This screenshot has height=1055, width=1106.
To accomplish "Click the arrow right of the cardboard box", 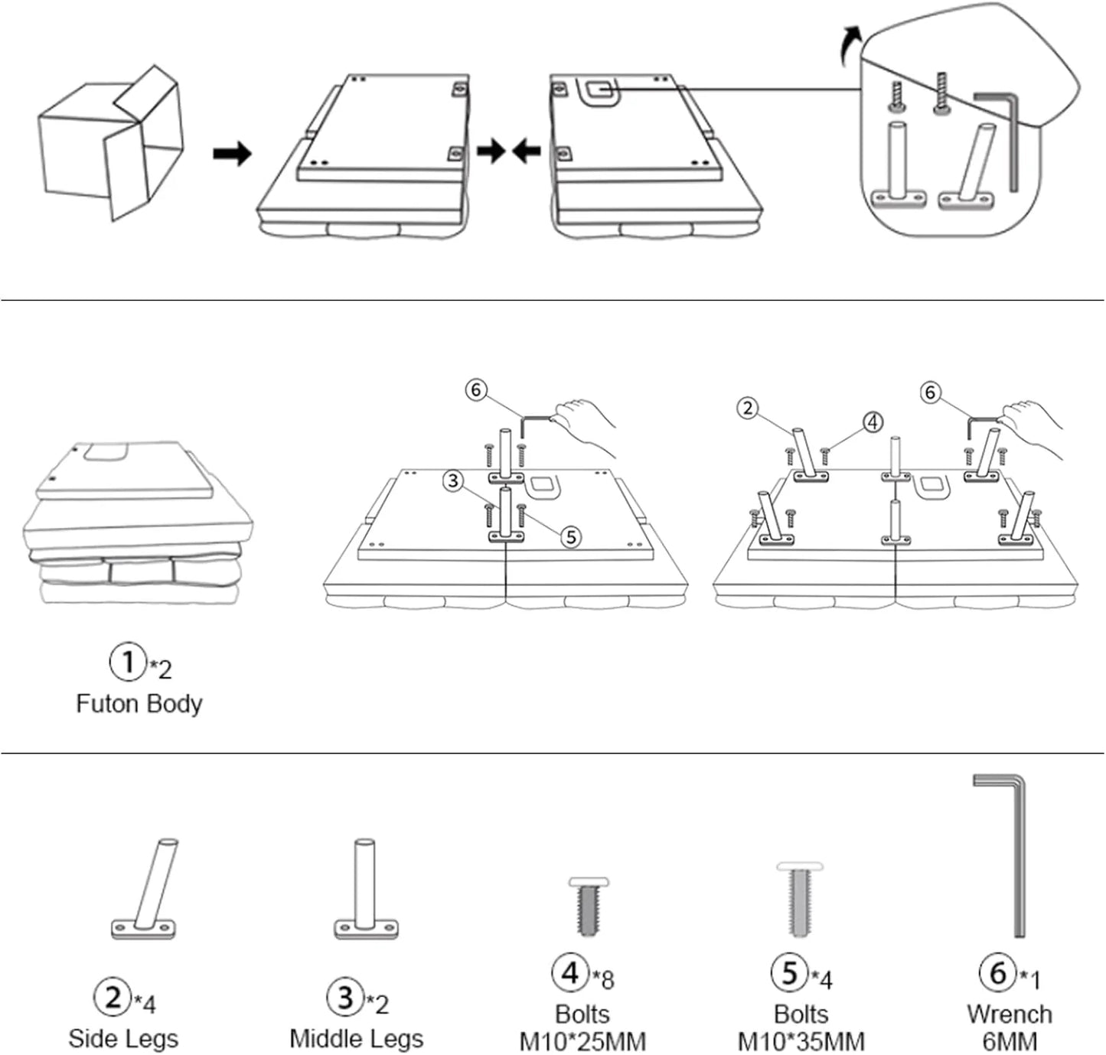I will (232, 154).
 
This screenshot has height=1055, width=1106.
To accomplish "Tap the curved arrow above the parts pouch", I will (849, 44).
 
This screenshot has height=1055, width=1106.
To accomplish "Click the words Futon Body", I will (139, 703).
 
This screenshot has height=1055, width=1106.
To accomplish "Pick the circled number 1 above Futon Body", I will (128, 661).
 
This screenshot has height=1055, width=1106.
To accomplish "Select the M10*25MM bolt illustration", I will (589, 907).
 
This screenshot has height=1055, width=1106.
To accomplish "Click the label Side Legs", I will (122, 1038).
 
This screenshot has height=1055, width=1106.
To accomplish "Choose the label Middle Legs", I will (356, 1038).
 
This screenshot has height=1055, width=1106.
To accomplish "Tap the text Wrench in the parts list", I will (1009, 1014).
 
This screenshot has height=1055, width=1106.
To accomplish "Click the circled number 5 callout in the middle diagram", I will (570, 537).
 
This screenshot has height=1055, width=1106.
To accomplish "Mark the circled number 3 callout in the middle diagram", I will (454, 480).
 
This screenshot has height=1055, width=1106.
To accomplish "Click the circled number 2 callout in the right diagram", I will (748, 408).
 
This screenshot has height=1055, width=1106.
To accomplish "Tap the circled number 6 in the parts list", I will (997, 972).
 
